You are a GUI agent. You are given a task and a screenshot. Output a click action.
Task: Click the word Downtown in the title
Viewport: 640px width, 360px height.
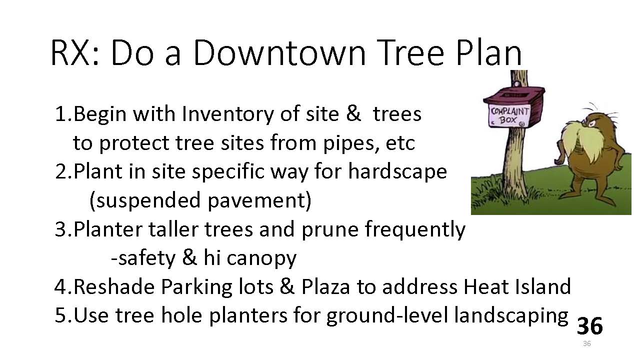click(x=279, y=53)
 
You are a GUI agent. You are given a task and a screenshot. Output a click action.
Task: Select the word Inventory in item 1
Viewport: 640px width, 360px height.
click(x=227, y=115)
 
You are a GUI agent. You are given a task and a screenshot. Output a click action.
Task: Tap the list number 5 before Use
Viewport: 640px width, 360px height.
click(x=60, y=315)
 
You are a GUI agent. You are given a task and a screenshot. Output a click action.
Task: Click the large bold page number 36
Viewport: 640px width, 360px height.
click(x=589, y=325)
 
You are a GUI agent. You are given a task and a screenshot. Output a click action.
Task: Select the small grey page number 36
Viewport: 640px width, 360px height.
click(x=587, y=343)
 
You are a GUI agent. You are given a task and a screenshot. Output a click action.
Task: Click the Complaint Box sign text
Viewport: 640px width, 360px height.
click(x=510, y=115)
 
